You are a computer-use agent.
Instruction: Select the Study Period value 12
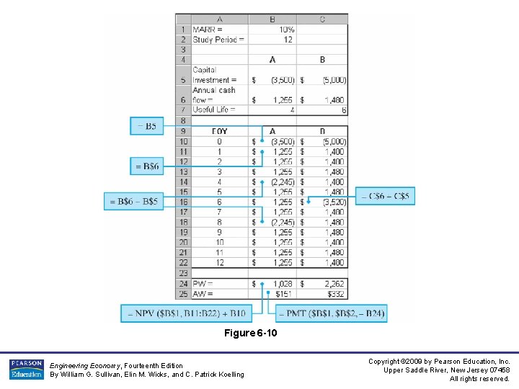point(288,40)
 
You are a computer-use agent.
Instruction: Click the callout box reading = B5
point(147,126)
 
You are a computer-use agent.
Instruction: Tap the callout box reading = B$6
point(147,166)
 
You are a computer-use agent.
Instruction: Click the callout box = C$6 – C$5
point(389,196)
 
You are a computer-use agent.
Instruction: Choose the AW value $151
point(283,294)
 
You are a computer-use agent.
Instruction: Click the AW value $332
point(335,294)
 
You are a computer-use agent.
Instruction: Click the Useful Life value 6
point(344,110)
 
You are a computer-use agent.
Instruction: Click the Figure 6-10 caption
point(250,333)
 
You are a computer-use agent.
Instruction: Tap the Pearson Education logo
point(27,369)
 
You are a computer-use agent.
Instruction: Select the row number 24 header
point(183,284)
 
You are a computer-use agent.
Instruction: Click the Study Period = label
point(218,40)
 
